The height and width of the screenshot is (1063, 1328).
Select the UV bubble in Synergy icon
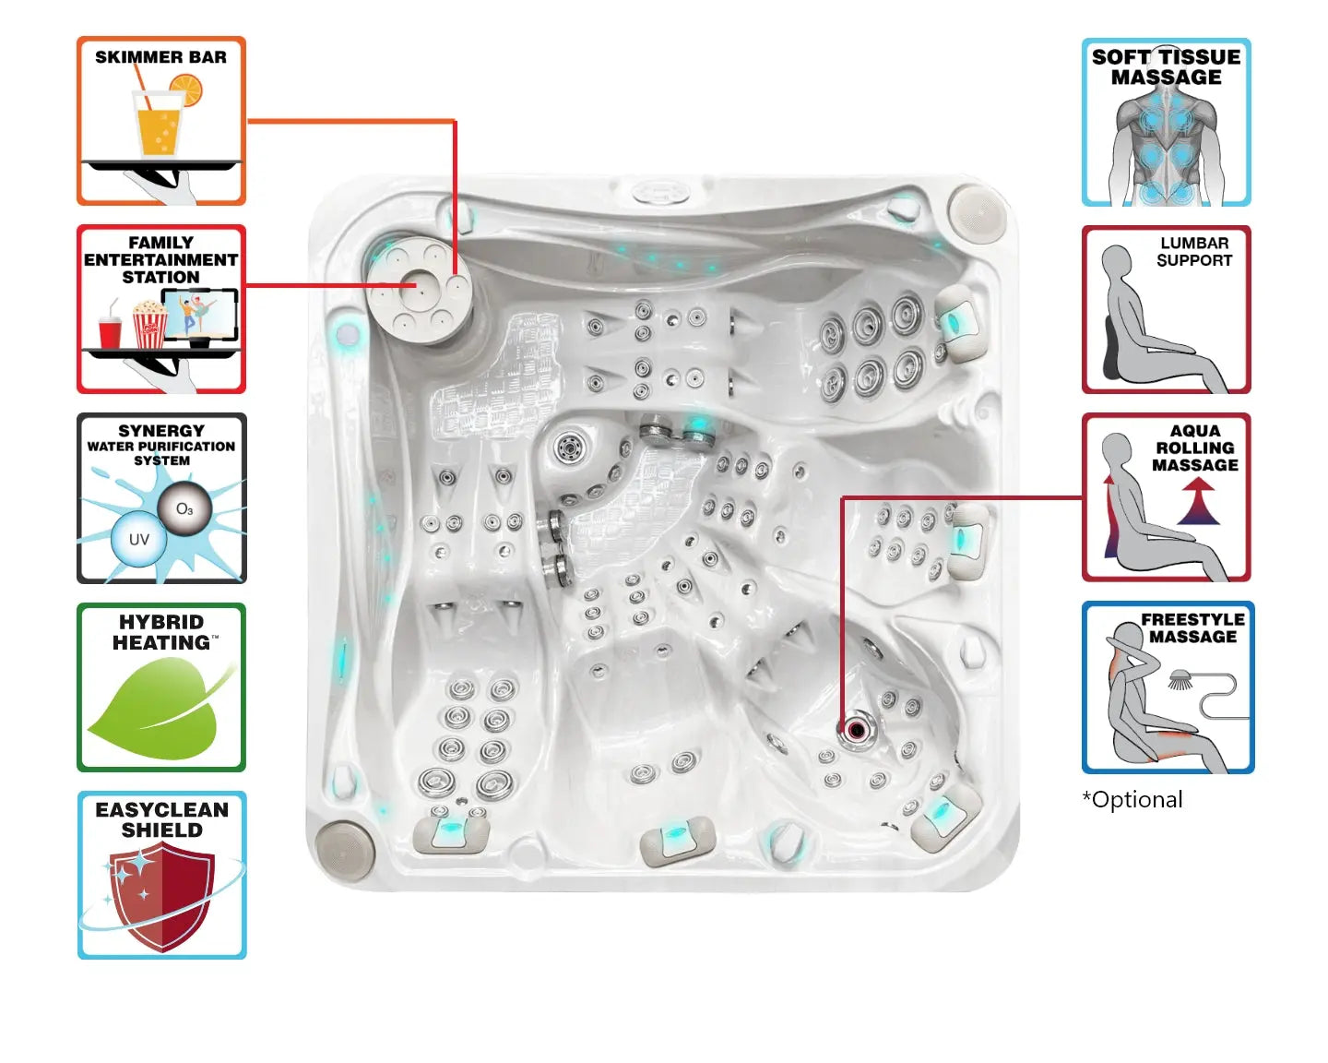(138, 540)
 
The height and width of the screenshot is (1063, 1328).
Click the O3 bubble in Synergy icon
(184, 509)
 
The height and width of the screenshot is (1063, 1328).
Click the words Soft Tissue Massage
(1166, 67)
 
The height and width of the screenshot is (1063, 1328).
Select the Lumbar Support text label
(1194, 252)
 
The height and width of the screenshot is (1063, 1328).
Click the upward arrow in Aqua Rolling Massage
(1198, 504)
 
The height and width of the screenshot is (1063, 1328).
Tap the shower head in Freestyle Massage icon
(1180, 681)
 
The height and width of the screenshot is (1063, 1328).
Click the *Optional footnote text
(1132, 800)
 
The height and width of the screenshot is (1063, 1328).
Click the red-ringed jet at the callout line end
(857, 731)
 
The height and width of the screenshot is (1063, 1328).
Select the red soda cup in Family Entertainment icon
(110, 331)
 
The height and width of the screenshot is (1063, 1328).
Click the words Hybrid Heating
(161, 632)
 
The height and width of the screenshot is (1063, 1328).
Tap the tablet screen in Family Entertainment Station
(200, 314)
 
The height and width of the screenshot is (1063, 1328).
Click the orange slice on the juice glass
(186, 90)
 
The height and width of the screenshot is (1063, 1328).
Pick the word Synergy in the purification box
(161, 431)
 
